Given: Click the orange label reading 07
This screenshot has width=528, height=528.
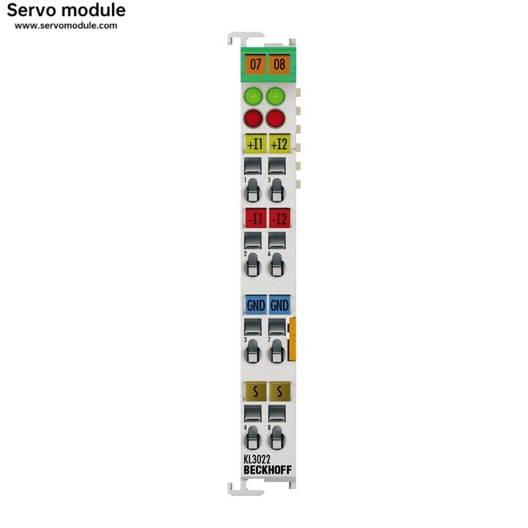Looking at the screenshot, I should [x=255, y=64].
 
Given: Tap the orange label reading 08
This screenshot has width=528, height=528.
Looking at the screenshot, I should [x=279, y=64].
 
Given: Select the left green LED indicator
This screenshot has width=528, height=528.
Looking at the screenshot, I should [x=253, y=95].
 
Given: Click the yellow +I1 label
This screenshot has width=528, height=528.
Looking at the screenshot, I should [x=254, y=144].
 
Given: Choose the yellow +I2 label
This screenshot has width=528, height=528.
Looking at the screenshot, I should [x=279, y=144].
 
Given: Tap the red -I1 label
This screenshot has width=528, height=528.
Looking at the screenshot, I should [x=254, y=218].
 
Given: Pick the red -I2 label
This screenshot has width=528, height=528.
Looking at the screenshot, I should [x=279, y=218].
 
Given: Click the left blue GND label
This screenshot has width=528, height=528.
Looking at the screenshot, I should [x=254, y=304].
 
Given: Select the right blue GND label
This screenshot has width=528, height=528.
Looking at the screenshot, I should [x=279, y=304].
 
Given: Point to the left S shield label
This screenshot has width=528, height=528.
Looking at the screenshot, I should [x=254, y=391].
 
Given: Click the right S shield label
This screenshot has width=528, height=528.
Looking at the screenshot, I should [x=279, y=391].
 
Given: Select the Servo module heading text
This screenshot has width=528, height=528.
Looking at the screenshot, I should [x=66, y=10].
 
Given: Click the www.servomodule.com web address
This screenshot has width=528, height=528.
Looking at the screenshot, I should [x=66, y=26].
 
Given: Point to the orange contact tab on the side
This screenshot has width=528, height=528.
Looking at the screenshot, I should [x=293, y=340].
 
